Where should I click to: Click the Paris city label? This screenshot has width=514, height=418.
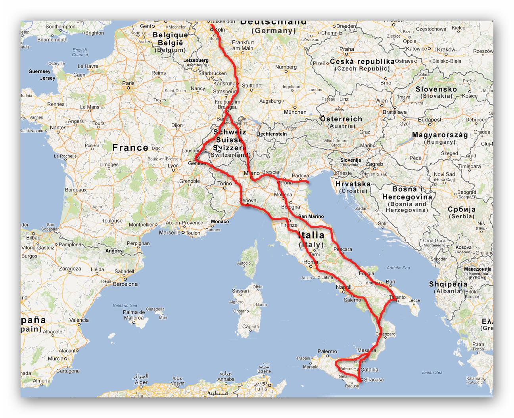(128, 83)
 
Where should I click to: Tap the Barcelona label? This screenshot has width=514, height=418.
(125, 284)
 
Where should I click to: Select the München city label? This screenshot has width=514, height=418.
(295, 112)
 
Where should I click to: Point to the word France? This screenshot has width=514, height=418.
(130, 148)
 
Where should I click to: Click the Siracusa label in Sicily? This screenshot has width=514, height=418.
(374, 380)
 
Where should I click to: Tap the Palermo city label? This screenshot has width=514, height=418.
(327, 351)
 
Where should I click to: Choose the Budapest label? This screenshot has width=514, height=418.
(430, 120)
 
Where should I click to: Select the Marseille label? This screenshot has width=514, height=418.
(169, 233)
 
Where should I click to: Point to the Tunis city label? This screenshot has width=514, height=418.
(261, 389)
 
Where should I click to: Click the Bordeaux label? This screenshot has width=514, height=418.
(76, 190)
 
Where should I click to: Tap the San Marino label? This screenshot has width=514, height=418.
(311, 216)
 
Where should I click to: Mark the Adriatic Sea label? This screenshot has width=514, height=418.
(398, 268)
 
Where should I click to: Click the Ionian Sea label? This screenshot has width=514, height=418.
(432, 372)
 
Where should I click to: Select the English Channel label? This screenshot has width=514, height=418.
(80, 52)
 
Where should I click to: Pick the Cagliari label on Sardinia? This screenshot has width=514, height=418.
(251, 326)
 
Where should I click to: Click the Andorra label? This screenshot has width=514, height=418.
(115, 251)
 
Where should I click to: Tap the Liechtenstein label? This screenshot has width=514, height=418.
(271, 134)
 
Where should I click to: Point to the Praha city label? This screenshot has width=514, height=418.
(347, 49)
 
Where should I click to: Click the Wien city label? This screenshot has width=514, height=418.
(382, 101)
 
